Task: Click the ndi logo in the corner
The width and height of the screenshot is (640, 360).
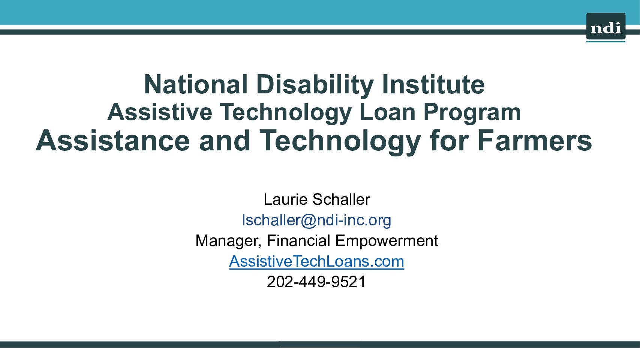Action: click(x=606, y=27)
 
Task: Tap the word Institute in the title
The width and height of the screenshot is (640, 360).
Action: click(x=433, y=85)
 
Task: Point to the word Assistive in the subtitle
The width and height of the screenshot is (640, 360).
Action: click(x=160, y=112)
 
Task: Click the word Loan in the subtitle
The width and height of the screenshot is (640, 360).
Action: click(x=387, y=112)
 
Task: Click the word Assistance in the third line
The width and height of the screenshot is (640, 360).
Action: click(x=113, y=141)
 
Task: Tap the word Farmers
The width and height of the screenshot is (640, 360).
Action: click(x=535, y=141)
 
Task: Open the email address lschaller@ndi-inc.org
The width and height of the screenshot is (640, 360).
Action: click(x=316, y=220)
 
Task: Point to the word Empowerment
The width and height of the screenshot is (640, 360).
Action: click(x=387, y=241)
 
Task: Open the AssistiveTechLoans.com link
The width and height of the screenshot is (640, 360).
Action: click(x=316, y=261)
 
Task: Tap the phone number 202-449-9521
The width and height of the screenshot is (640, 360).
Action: click(x=316, y=282)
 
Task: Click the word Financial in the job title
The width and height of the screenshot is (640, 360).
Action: click(x=298, y=241)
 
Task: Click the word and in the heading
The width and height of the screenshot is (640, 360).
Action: click(x=225, y=141)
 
